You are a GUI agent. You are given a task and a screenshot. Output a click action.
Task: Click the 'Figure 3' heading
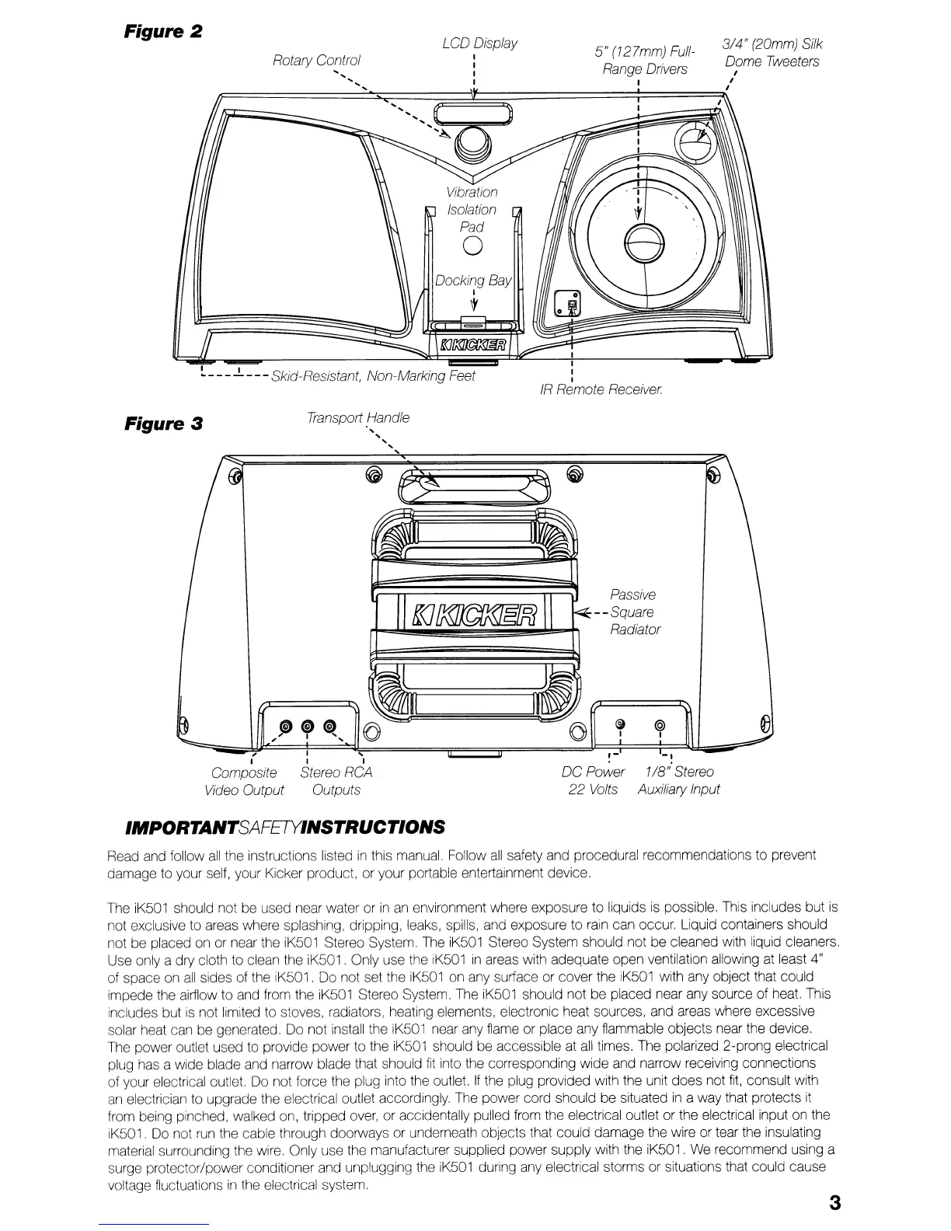pos(164,424)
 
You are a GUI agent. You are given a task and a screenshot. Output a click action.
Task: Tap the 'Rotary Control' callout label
pos(317,60)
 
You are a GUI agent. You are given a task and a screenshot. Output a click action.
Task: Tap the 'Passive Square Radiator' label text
pos(634,612)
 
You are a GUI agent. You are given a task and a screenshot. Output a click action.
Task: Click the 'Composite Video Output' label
pos(244,781)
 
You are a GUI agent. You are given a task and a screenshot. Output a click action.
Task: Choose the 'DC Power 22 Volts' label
pos(592,781)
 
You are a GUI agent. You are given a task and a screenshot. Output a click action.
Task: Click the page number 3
pos(834,1204)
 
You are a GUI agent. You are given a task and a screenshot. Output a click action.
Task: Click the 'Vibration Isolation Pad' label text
pos(472,210)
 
